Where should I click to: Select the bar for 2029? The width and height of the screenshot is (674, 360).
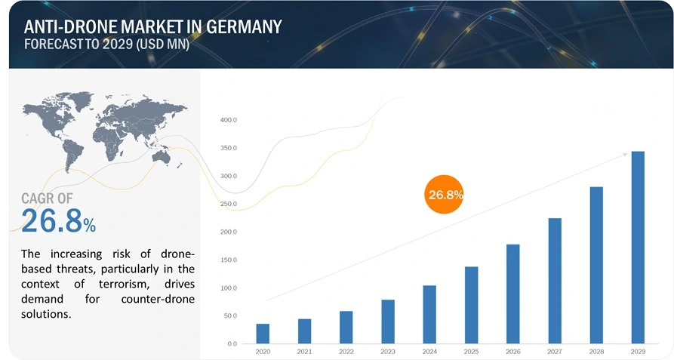click(638, 248)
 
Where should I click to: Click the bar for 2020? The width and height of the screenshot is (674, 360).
click(263, 334)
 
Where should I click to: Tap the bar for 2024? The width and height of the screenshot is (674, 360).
click(429, 315)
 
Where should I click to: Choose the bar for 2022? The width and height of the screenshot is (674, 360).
click(346, 327)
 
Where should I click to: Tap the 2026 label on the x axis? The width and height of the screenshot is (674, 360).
click(512, 352)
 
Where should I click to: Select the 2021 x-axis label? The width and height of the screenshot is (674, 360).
click(304, 352)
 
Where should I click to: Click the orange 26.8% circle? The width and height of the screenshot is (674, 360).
click(445, 195)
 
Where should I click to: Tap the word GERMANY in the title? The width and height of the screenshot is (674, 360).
click(242, 27)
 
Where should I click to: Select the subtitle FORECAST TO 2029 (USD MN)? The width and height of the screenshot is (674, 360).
click(106, 45)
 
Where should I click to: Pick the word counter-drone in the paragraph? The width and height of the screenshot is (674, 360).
click(158, 299)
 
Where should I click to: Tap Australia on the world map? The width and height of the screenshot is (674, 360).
click(161, 156)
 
